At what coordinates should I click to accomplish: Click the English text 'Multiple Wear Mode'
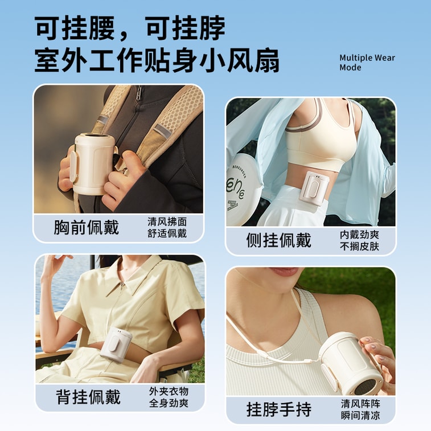click(x=367, y=62)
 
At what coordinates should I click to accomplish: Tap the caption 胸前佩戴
click(x=87, y=227)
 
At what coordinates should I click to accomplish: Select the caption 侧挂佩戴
click(x=278, y=240)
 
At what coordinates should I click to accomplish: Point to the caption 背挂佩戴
click(x=88, y=397)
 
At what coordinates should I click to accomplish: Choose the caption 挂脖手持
click(x=278, y=409)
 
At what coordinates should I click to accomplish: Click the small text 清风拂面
click(x=167, y=221)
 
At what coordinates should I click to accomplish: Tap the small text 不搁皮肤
click(x=359, y=247)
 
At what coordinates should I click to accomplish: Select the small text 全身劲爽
click(x=169, y=403)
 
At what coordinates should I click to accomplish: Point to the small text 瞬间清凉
click(x=360, y=416)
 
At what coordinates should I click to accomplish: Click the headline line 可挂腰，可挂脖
click(x=130, y=27)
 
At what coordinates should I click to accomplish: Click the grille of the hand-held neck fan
click(x=366, y=379)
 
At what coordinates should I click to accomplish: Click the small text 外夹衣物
click(x=169, y=391)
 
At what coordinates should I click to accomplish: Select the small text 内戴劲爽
click(x=359, y=235)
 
